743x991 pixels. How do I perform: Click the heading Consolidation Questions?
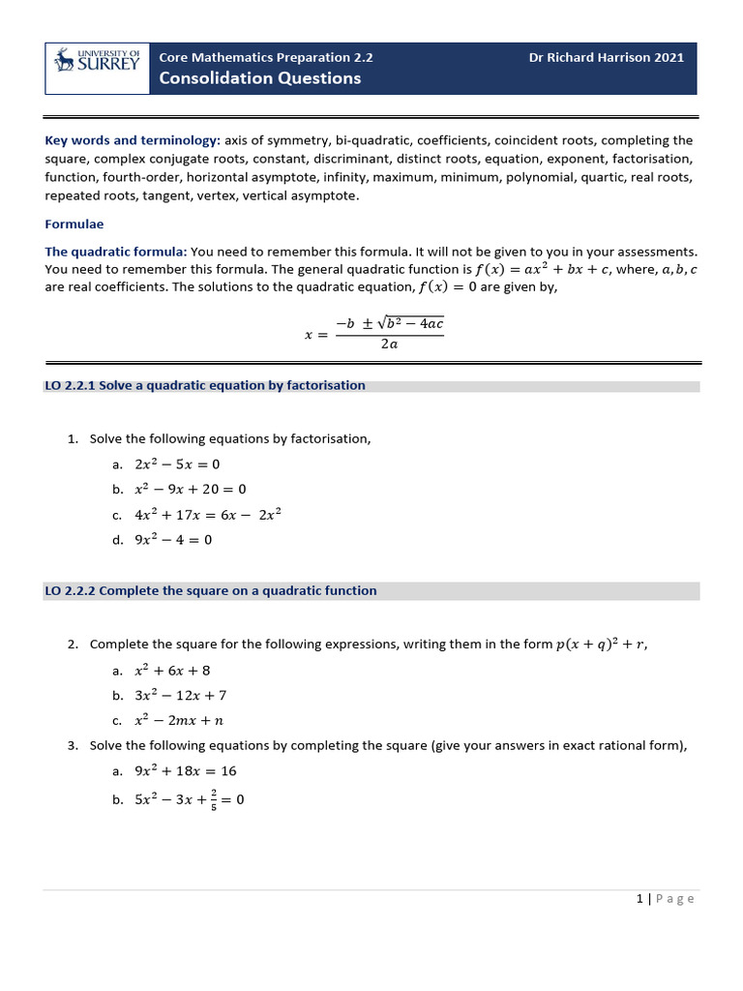[259, 78]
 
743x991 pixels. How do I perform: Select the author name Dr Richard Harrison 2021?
[606, 57]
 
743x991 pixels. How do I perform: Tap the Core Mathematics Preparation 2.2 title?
[265, 57]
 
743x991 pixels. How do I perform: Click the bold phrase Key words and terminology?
[133, 139]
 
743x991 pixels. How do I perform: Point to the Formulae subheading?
[74, 224]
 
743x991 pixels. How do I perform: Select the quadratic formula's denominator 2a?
[389, 344]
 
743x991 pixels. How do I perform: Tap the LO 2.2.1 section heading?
[205, 385]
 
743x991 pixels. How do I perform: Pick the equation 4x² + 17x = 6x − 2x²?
[208, 515]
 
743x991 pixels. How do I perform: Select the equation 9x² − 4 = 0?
[173, 540]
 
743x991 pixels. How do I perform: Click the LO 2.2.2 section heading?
[211, 590]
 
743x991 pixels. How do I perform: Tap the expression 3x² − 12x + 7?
[181, 695]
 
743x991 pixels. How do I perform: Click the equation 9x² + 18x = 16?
[186, 771]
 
